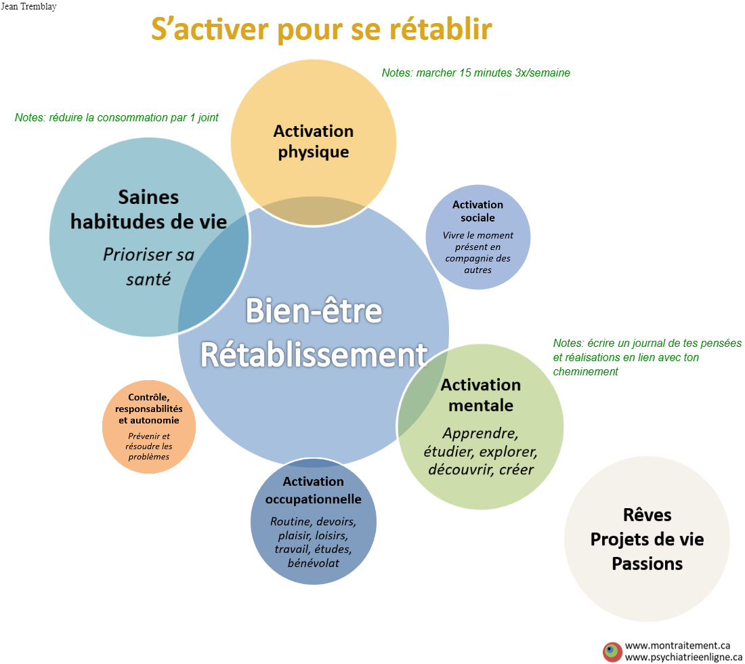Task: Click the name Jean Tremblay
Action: coord(28,7)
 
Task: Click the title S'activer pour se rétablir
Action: coord(322,29)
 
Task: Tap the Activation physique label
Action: coord(314,141)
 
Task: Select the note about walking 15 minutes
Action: coord(475,72)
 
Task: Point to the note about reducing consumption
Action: coord(116,117)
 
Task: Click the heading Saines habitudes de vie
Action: coord(149,209)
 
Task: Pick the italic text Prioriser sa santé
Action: coord(149,267)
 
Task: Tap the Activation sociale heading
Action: coord(477,211)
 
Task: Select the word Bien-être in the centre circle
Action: coord(314,311)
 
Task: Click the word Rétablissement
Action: coord(314,354)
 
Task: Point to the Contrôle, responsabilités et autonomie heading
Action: coord(149,409)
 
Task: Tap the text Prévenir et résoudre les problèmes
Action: coord(149,447)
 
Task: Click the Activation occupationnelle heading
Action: coord(313,490)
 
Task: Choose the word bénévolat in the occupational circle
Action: coord(313,563)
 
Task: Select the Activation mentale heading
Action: coord(481,395)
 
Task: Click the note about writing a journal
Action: coord(647,357)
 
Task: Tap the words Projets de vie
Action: coord(647,539)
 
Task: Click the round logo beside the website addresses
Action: coord(612,652)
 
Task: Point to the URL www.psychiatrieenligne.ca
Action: coord(684,657)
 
